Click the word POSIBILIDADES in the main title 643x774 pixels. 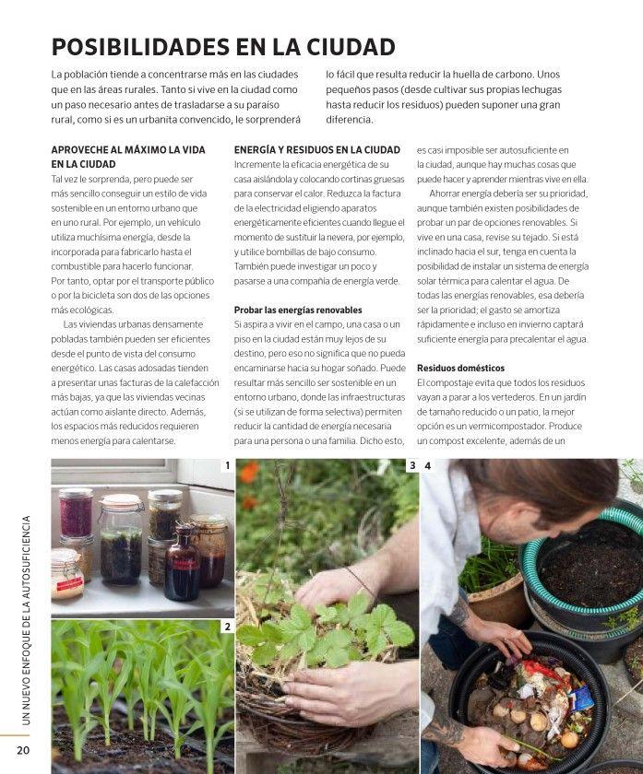(140, 47)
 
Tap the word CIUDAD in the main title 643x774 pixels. (351, 47)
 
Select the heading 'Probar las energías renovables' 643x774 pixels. (298, 310)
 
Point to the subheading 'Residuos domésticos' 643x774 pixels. (460, 369)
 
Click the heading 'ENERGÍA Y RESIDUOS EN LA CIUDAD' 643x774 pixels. (317, 150)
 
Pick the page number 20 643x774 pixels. (23, 750)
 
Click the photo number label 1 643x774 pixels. (227, 465)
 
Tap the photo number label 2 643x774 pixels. (227, 627)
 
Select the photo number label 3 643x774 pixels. (412, 465)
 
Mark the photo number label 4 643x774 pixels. (428, 465)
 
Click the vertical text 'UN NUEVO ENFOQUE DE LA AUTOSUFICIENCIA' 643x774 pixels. (26, 620)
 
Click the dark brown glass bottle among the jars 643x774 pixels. (182, 563)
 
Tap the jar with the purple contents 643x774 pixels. (77, 513)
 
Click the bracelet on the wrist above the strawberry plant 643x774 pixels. (359, 580)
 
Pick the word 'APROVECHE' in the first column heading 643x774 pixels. (77, 150)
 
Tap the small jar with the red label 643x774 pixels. (68, 574)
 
